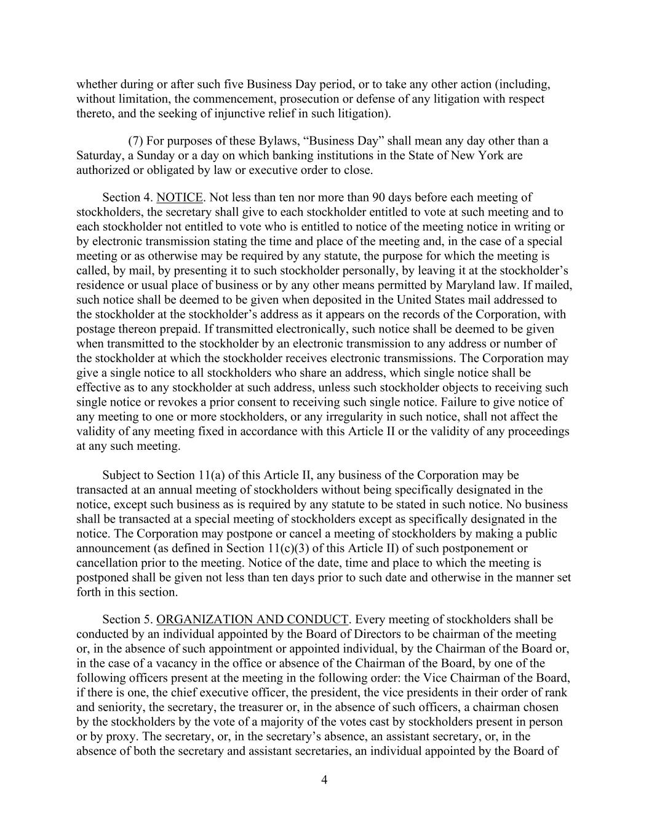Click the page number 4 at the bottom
pos(324,780)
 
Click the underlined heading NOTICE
pos(180,197)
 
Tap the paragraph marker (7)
pos(136,141)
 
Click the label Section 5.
pos(127,619)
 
